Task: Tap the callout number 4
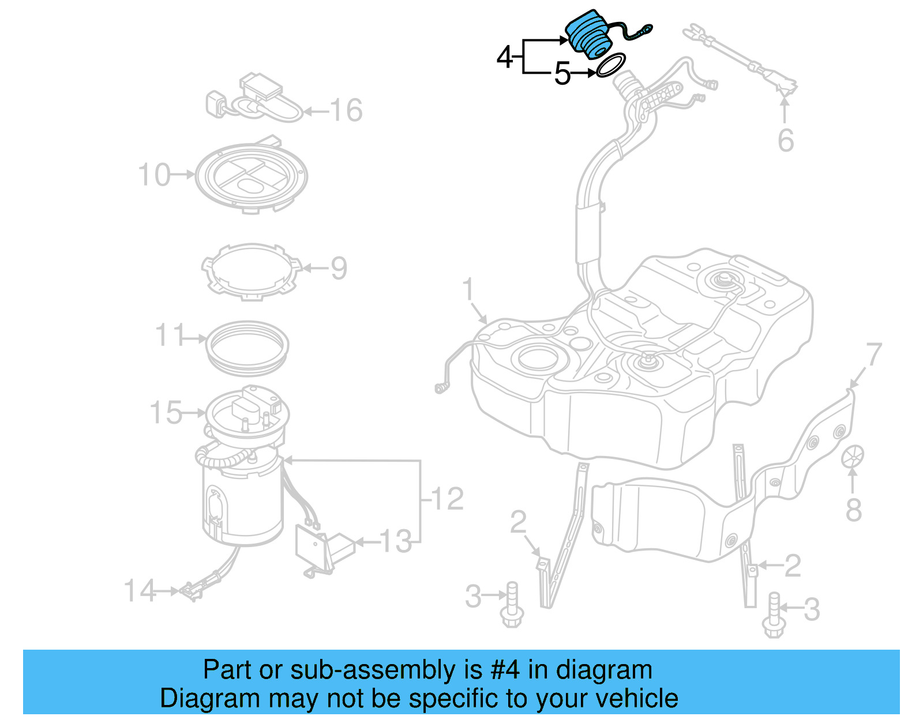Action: coord(505,58)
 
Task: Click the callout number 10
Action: coord(154,175)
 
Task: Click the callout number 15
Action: coord(166,413)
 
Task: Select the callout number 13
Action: coord(396,542)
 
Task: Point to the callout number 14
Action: coord(140,591)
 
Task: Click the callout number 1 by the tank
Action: coord(468,289)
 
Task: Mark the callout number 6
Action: coord(786,141)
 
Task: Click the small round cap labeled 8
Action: coord(853,457)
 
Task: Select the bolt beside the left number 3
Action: coord(511,605)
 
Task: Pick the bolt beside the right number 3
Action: coord(773,616)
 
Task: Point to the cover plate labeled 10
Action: coord(251,176)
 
